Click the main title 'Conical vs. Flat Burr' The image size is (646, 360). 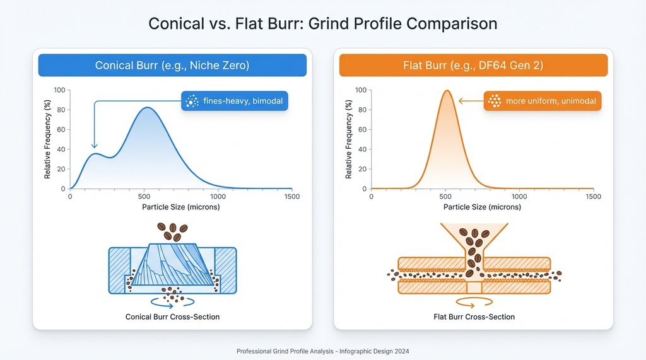coord(322,24)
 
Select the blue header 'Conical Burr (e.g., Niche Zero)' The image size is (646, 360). coord(172,65)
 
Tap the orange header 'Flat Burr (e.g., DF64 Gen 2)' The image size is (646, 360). coord(473,65)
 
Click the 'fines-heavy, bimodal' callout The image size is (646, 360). coord(234,101)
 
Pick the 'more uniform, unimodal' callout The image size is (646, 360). coord(543,101)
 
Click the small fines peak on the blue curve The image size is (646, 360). coord(95,153)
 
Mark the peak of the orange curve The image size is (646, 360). coord(447,90)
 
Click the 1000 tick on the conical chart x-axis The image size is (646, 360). coord(218,197)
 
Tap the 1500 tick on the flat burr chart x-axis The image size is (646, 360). coord(593,197)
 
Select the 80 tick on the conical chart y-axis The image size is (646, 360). coord(61,110)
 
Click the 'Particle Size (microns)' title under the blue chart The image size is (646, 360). coord(180,207)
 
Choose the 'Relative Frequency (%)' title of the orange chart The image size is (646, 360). coord(348,139)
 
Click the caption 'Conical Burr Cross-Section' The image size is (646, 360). coord(172,316)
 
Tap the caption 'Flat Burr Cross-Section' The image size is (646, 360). coord(474,316)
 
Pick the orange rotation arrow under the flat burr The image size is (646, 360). coord(474,302)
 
